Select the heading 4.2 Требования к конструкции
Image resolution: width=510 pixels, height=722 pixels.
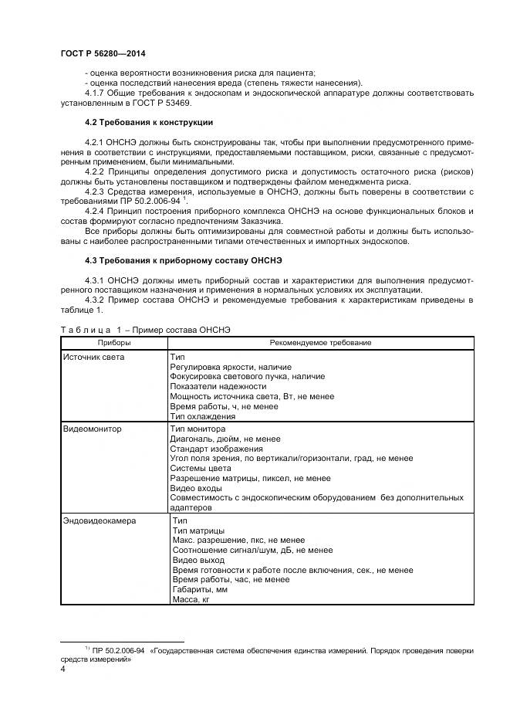coord(149,122)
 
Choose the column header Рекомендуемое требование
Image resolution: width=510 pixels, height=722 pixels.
coord(320,342)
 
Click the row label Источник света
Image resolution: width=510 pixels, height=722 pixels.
coord(93,357)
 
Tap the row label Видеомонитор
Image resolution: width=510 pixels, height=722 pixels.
coord(92,428)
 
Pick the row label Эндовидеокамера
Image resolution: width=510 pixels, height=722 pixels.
coord(99,520)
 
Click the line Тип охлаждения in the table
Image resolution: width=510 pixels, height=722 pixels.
coord(202,416)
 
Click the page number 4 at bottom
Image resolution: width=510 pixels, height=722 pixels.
coord(62,669)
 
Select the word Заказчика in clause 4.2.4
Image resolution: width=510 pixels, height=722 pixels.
coord(262,222)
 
